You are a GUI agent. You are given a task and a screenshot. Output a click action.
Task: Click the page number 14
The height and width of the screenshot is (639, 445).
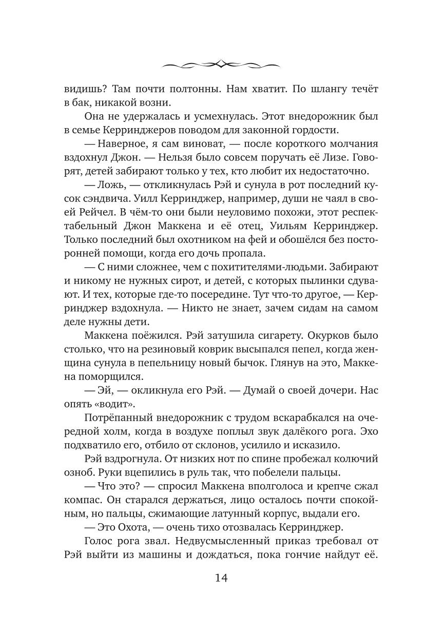pos(222,578)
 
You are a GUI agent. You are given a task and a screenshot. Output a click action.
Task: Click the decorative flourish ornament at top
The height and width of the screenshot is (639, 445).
pos(222,64)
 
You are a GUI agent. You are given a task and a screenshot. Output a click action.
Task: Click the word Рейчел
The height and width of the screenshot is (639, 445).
pos(93,210)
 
